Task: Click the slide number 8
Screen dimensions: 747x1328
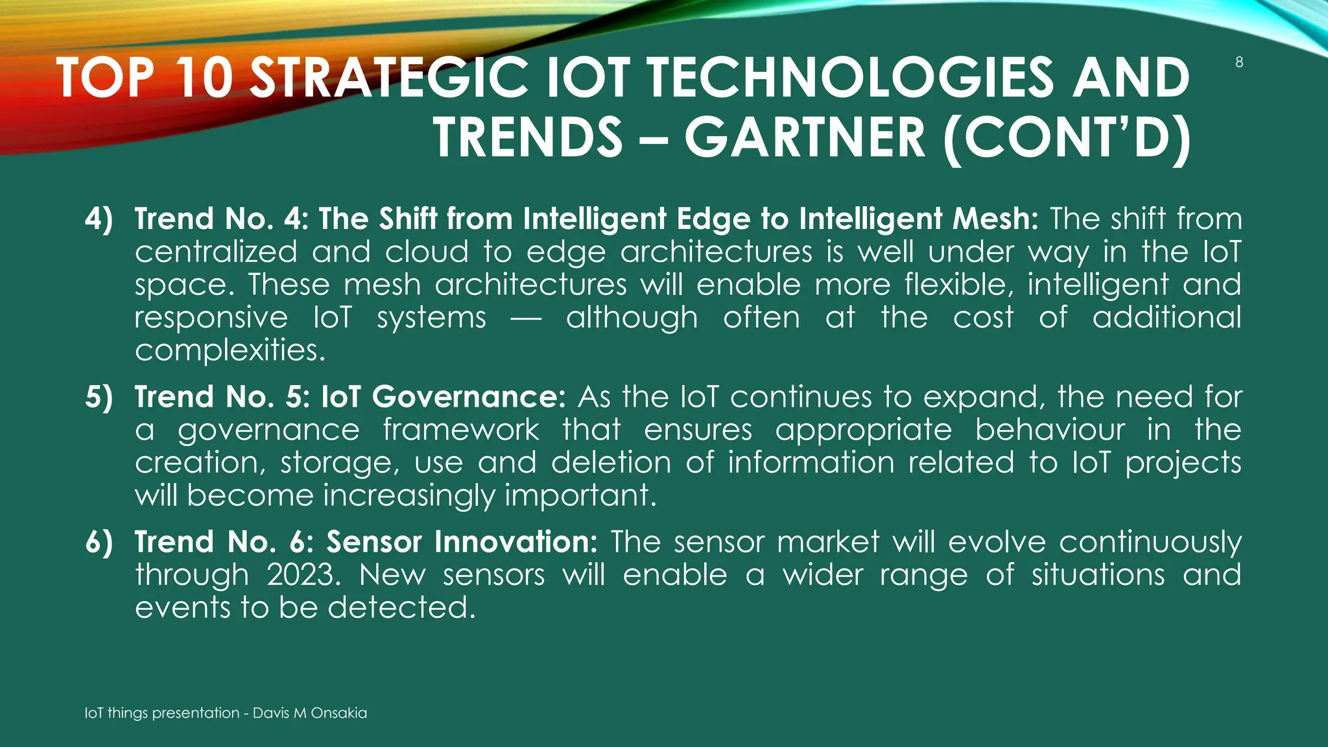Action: click(x=1239, y=63)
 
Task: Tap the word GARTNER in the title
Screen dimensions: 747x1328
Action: click(x=805, y=137)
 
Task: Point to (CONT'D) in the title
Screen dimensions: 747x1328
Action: click(x=1067, y=137)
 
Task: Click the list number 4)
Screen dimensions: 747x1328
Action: click(x=99, y=219)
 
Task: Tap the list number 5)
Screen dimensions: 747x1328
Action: click(x=99, y=397)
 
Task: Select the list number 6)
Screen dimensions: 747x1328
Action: click(x=99, y=542)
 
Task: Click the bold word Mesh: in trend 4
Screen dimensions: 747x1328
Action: click(x=995, y=219)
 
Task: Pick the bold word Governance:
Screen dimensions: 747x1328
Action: click(x=469, y=397)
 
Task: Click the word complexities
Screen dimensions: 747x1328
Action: click(x=230, y=351)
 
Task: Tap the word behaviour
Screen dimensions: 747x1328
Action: click(x=1050, y=430)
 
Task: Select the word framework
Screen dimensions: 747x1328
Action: click(x=460, y=430)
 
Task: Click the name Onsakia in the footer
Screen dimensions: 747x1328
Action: click(x=338, y=713)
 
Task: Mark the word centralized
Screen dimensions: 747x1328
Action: click(x=216, y=252)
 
